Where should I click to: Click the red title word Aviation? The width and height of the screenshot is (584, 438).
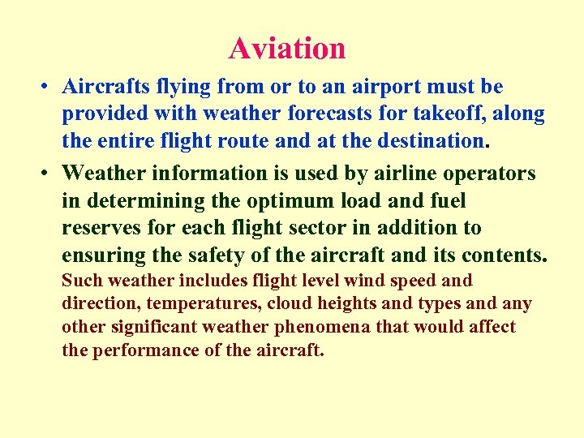click(x=287, y=48)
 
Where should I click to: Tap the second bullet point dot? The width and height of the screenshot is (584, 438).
click(x=49, y=174)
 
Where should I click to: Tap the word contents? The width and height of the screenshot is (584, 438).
click(x=505, y=255)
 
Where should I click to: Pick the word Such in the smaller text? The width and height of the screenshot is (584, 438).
click(x=79, y=281)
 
